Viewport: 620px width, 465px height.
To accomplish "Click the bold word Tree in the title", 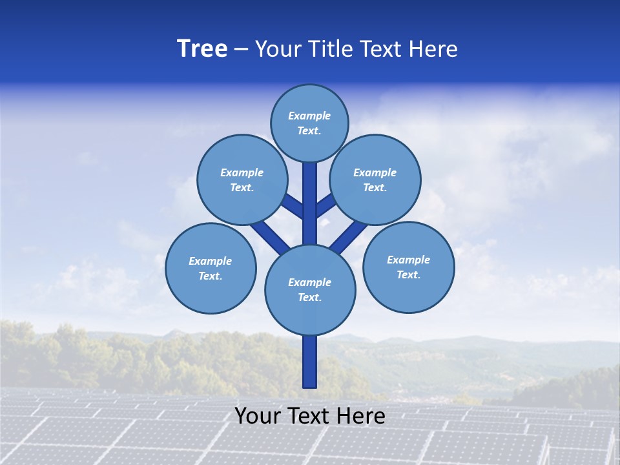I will (202, 49).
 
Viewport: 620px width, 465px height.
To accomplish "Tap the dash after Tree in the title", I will (241, 50).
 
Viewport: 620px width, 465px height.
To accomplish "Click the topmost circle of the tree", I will (310, 123).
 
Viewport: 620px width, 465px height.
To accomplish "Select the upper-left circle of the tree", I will (242, 180).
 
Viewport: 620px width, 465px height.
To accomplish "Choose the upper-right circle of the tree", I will (375, 180).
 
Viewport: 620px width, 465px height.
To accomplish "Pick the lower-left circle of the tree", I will (211, 268).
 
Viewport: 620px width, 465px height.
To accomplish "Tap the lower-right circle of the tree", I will (409, 267).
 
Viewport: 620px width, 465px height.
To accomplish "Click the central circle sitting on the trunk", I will (310, 290).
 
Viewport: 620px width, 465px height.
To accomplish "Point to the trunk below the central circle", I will (310, 362).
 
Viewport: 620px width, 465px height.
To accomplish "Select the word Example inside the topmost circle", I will (309, 116).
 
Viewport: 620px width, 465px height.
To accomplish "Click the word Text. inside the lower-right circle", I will (408, 274).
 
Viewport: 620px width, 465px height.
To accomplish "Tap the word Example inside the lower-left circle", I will (210, 262).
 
